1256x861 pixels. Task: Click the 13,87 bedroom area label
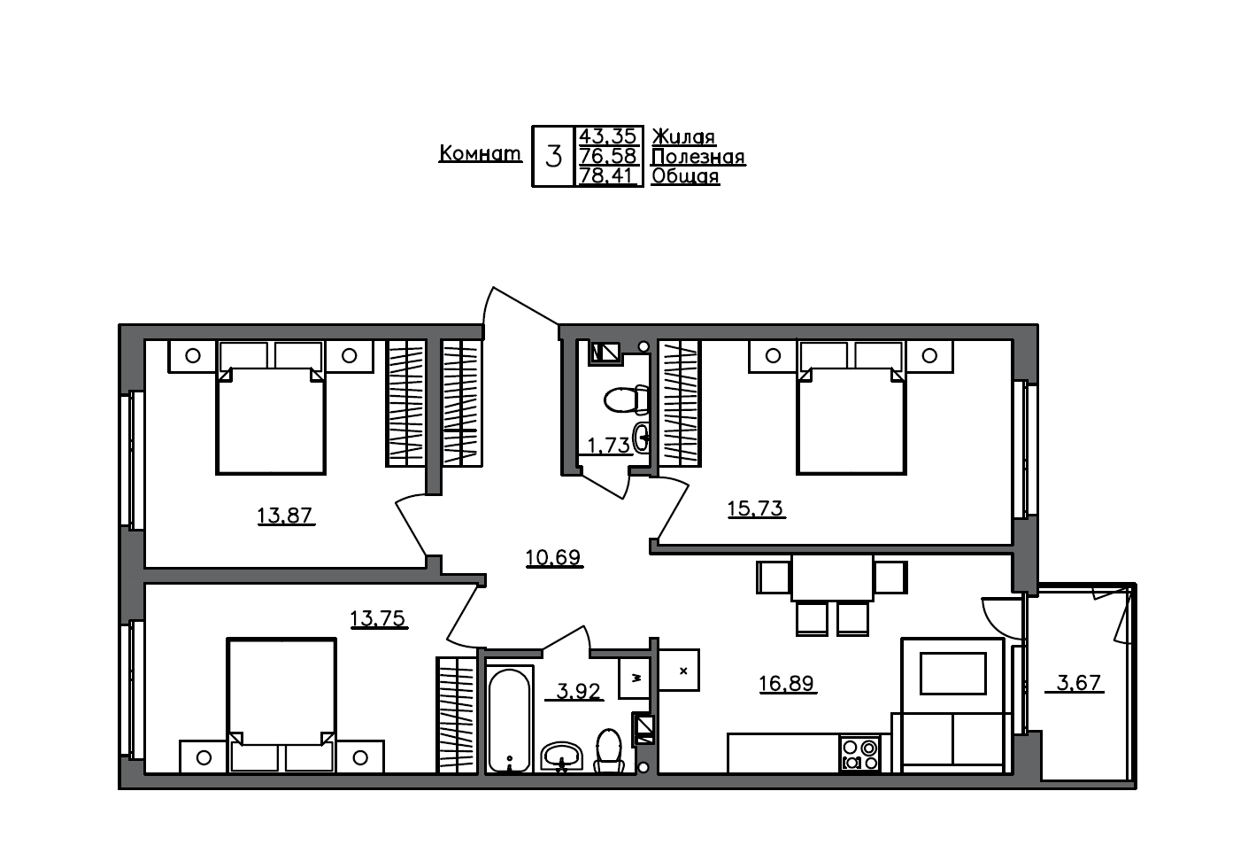tap(285, 515)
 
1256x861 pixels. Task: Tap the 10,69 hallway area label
tap(553, 557)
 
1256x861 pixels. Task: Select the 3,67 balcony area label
tap(1078, 682)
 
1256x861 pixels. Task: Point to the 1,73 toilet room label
tap(608, 445)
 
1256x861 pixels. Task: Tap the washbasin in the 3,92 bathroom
tap(560, 756)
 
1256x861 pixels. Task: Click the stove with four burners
tap(859, 754)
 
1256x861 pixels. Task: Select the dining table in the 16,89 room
tap(831, 578)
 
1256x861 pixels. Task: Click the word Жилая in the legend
tap(683, 136)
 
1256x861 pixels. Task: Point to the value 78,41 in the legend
tap(607, 175)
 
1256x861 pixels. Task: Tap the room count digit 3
tap(553, 157)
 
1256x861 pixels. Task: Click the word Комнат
tap(480, 153)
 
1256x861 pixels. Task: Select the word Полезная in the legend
tap(697, 157)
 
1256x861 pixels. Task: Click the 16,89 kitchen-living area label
tap(786, 683)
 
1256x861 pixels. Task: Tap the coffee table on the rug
tap(952, 673)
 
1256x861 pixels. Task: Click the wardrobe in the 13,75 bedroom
tap(457, 715)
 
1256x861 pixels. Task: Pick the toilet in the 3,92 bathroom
tap(609, 749)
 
